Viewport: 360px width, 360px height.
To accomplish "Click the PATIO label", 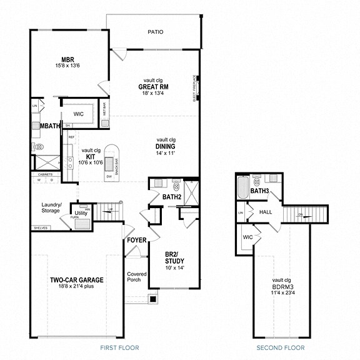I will tap(155, 31).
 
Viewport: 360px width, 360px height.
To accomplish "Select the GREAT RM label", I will tap(154, 87).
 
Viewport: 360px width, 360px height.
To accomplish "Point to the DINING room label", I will tap(166, 146).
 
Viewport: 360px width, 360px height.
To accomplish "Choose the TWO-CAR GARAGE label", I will tap(77, 280).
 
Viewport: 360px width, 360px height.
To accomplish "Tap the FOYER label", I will tap(136, 240).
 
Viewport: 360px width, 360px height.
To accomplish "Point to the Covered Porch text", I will tap(136, 277).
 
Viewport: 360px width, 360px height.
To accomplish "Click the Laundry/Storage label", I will tap(51, 207).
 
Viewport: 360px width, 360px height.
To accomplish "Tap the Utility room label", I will tap(81, 214).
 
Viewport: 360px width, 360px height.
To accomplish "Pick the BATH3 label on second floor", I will tap(259, 191).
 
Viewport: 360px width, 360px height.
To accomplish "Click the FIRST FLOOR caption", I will tap(119, 347).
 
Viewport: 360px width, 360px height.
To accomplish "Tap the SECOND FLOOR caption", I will tap(281, 347).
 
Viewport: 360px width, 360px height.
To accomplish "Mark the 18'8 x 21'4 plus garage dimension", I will tap(77, 287).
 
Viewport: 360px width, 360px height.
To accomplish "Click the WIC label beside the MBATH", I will tap(79, 114).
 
